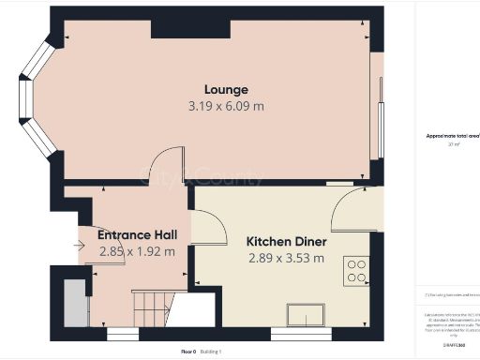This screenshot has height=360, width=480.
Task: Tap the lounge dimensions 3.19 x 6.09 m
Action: coord(226,106)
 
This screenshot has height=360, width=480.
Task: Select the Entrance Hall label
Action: coord(137,235)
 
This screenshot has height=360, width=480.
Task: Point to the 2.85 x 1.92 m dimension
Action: coord(137,251)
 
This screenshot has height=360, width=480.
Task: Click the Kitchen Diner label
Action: coord(285,241)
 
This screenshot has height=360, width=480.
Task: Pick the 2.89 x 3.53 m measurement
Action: coord(285,257)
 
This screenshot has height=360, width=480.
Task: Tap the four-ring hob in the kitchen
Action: coord(357,271)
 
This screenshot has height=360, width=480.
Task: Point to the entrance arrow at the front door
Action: coord(79,247)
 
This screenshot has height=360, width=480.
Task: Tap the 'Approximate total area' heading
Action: coord(453,136)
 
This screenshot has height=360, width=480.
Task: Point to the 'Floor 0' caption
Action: coord(187,351)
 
